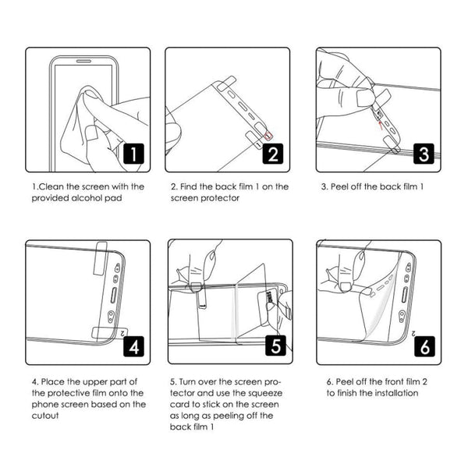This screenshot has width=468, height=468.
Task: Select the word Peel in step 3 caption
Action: (343, 187)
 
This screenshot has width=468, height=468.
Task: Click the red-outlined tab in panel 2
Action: (269, 133)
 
